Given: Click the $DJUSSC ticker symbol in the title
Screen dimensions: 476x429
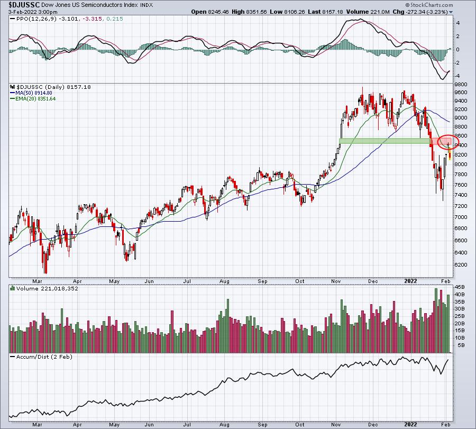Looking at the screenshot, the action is pos(24,5).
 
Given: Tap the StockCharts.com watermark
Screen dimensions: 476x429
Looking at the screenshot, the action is pos(429,5).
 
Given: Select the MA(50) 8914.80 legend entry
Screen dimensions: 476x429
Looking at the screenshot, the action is pos(31,93).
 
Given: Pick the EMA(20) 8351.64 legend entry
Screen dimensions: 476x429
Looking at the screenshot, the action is pos(33,99).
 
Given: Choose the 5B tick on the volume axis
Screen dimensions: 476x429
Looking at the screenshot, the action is pos(461,345).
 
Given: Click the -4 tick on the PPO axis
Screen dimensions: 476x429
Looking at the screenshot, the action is pos(457,76).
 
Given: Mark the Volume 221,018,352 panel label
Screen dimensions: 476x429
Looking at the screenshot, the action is pos(44,288).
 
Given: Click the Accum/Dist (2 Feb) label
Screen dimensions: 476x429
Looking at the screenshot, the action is pos(41,357).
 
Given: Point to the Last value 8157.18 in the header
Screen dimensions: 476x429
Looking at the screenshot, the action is pos(325,12).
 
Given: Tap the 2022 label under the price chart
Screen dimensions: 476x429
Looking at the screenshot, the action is pos(410,281).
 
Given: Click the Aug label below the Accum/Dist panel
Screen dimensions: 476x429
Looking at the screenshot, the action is pos(224,424).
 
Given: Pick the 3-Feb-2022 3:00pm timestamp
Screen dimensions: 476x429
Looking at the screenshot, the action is pos(33,12).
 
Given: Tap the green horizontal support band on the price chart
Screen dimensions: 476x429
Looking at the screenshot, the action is pos(385,141).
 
